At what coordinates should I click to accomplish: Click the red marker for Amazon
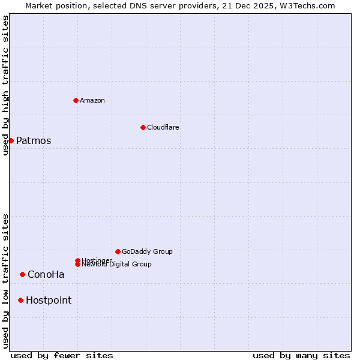click(76, 100)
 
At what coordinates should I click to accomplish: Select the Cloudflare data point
click(143, 127)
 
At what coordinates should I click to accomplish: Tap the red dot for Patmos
click(11, 140)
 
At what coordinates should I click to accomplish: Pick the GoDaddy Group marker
click(118, 251)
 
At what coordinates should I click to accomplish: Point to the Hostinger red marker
click(77, 260)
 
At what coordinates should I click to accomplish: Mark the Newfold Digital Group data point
click(77, 264)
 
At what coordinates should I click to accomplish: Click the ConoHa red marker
click(22, 274)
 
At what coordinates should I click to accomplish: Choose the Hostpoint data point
click(20, 300)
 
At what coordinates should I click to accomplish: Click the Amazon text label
click(92, 100)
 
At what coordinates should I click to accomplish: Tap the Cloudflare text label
click(163, 127)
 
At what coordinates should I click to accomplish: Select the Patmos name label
click(34, 141)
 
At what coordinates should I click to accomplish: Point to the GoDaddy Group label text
click(147, 251)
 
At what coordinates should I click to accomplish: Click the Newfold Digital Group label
click(116, 265)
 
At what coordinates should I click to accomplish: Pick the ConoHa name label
click(46, 275)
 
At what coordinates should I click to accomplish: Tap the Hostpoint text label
click(49, 301)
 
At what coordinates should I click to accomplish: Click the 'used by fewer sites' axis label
click(62, 355)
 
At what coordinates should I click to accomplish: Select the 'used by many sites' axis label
click(301, 355)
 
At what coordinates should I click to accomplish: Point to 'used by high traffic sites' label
click(5, 85)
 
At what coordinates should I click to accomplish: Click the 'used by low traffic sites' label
click(5, 280)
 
